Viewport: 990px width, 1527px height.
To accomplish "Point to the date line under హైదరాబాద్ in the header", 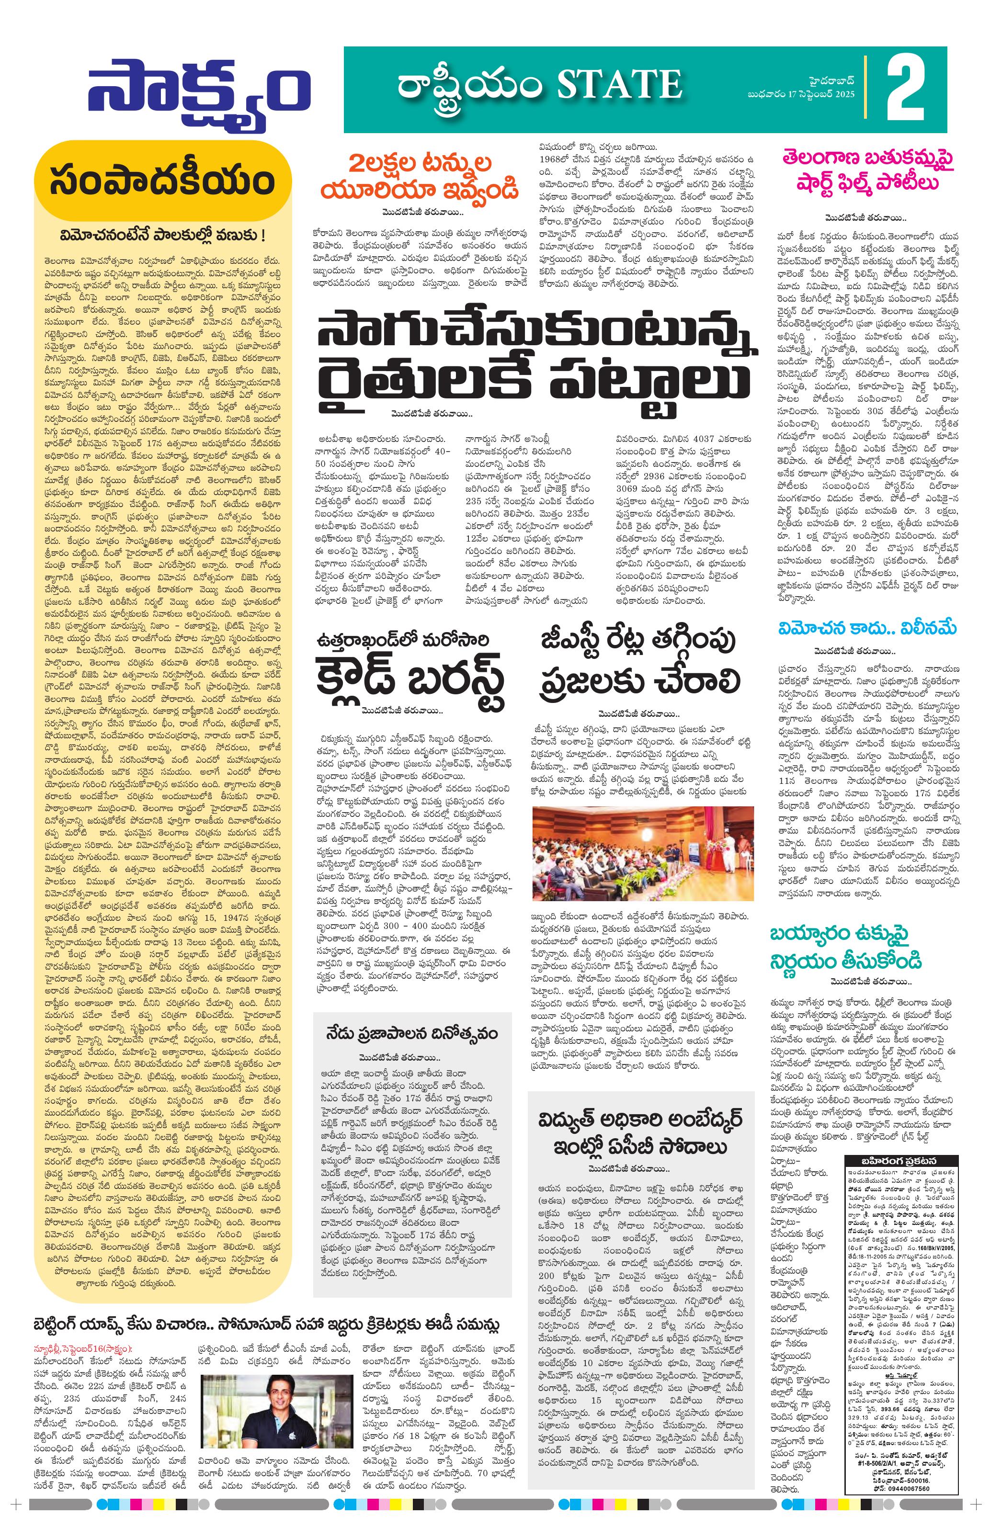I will (801, 95).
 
